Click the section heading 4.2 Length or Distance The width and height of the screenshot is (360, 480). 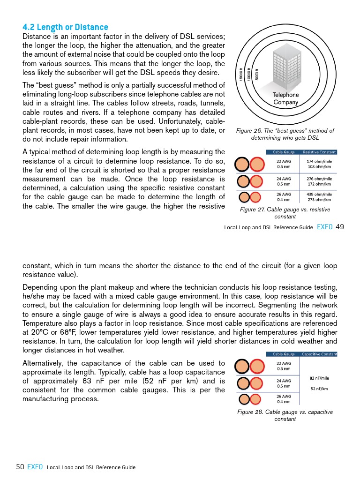pos(65,27)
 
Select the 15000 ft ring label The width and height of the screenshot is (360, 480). pos(241,73)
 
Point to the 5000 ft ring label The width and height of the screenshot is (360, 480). pos(257,74)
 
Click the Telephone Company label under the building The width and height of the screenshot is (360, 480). pos(285,98)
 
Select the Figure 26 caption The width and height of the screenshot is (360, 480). pos(285,134)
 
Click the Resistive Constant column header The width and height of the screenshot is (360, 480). pos(319,152)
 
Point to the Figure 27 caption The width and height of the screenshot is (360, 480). pos(285,213)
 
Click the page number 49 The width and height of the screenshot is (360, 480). pos(340,227)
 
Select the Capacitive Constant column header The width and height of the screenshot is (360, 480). pos(319,354)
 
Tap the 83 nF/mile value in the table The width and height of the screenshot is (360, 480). pos(319,378)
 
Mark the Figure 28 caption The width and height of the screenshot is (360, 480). pos(285,415)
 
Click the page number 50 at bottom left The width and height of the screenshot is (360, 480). pos(20,467)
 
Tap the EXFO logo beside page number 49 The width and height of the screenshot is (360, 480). pos(325,227)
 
